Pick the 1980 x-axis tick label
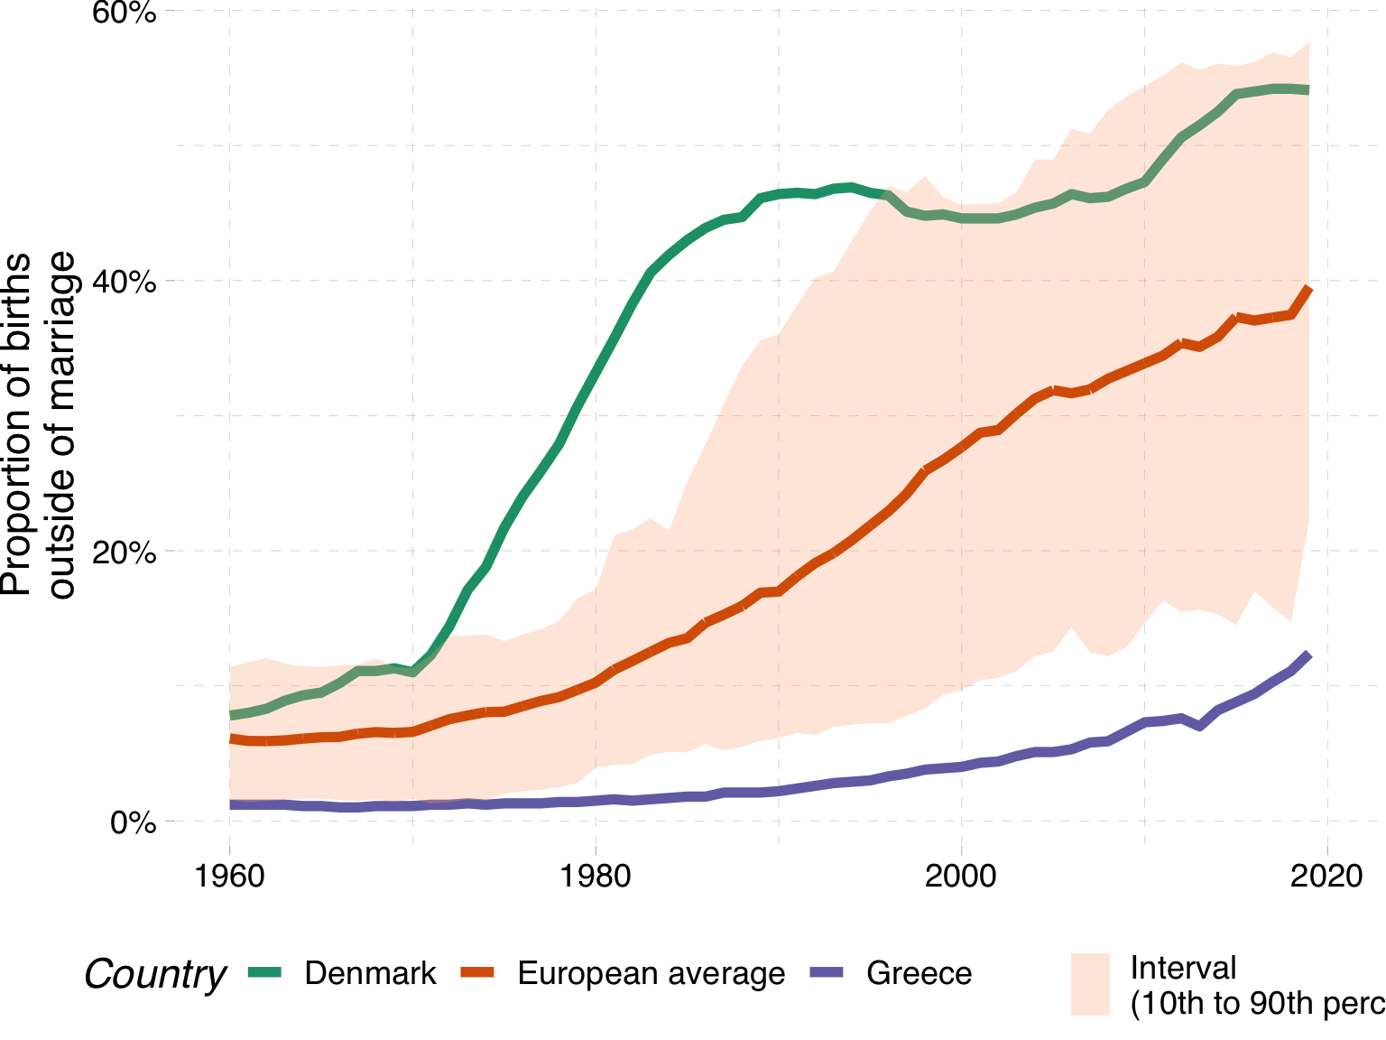click(596, 876)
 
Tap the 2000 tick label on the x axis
click(961, 876)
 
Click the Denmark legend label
click(370, 973)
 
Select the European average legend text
click(651, 973)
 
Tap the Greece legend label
click(919, 973)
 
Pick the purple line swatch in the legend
click(827, 972)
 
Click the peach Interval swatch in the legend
click(1090, 984)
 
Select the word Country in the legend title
click(154, 975)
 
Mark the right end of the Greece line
click(1308, 655)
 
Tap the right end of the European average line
click(1308, 288)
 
